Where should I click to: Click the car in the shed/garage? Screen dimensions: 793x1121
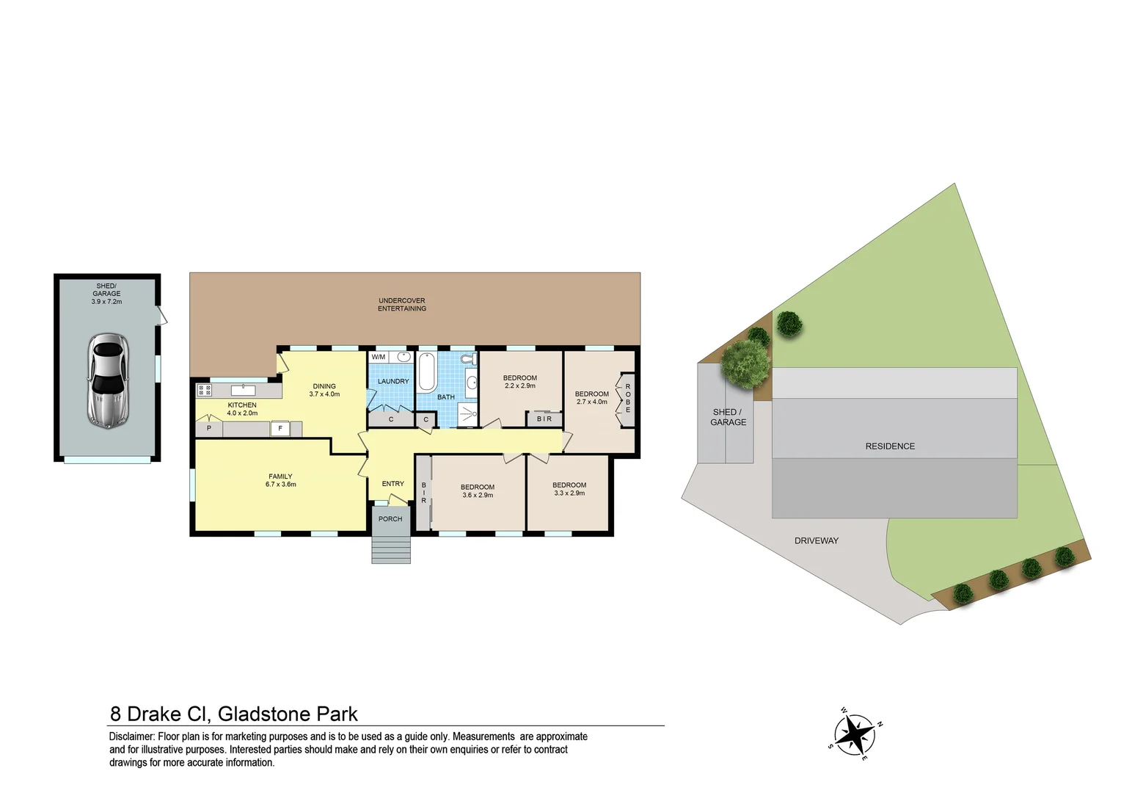pyautogui.click(x=108, y=380)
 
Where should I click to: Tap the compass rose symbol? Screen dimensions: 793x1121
pyautogui.click(x=855, y=734)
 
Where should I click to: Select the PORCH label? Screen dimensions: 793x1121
pyautogui.click(x=390, y=519)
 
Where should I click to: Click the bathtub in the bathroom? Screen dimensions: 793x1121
pyautogui.click(x=427, y=372)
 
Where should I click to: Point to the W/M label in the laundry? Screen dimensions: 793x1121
pyautogui.click(x=379, y=358)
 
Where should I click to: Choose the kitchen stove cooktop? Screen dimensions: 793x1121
pyautogui.click(x=204, y=390)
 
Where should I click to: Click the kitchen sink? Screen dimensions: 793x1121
pyautogui.click(x=243, y=390)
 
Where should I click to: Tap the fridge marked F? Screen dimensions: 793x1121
pyautogui.click(x=280, y=429)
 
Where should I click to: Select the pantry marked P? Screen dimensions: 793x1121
pyautogui.click(x=209, y=428)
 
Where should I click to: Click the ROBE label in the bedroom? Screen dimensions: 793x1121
pyautogui.click(x=628, y=398)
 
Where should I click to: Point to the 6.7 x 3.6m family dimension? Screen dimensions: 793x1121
pyautogui.click(x=281, y=485)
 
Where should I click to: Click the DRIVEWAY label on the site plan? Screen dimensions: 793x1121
pyautogui.click(x=816, y=541)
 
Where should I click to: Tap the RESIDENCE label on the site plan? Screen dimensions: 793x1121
pyautogui.click(x=890, y=446)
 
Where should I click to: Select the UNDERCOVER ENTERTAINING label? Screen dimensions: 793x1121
pyautogui.click(x=402, y=305)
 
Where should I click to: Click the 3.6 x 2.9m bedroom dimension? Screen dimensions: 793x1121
pyautogui.click(x=478, y=496)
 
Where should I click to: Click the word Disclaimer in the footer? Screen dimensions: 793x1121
pyautogui.click(x=131, y=736)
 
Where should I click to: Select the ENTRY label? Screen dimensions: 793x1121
pyautogui.click(x=393, y=484)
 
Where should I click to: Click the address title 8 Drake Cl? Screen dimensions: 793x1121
pyautogui.click(x=161, y=714)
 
